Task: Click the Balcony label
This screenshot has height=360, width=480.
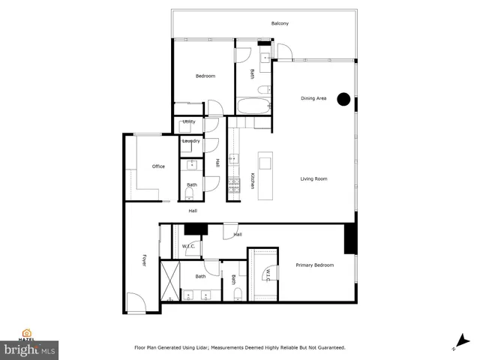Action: tap(280, 24)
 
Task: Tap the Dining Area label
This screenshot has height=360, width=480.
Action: tap(313, 98)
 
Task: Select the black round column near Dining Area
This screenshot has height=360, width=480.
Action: tap(343, 98)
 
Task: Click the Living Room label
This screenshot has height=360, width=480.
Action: tap(314, 178)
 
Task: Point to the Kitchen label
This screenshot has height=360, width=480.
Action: tap(253, 181)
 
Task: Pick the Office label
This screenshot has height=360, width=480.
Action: tap(158, 166)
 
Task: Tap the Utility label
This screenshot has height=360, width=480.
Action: tap(189, 121)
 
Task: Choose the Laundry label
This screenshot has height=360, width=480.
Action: tap(190, 140)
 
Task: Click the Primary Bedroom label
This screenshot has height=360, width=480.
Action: tap(314, 265)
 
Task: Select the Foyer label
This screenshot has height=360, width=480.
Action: tap(144, 260)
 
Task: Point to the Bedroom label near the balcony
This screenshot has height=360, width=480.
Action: tap(205, 76)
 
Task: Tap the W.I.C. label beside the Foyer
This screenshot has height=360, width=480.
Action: tap(189, 246)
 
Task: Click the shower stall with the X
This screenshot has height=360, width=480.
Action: tap(170, 280)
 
